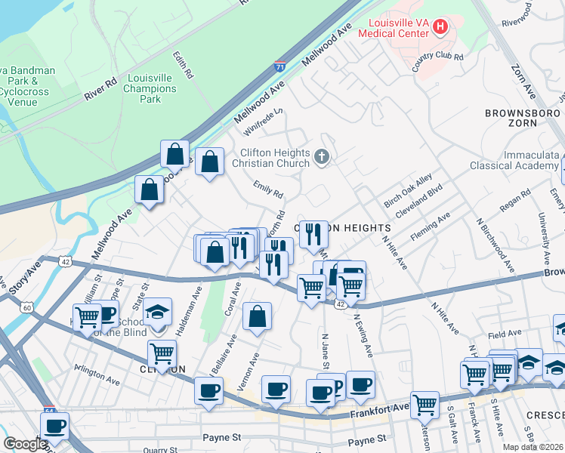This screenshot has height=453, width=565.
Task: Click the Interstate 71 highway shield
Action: tap(280, 66)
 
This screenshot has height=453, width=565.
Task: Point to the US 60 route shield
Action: tap(27, 307)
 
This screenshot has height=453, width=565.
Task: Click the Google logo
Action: tap(24, 444)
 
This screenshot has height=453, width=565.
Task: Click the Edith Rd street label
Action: tap(184, 66)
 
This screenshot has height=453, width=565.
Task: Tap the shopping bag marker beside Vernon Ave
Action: tap(258, 317)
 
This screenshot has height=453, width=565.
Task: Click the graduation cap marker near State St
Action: tap(158, 311)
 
